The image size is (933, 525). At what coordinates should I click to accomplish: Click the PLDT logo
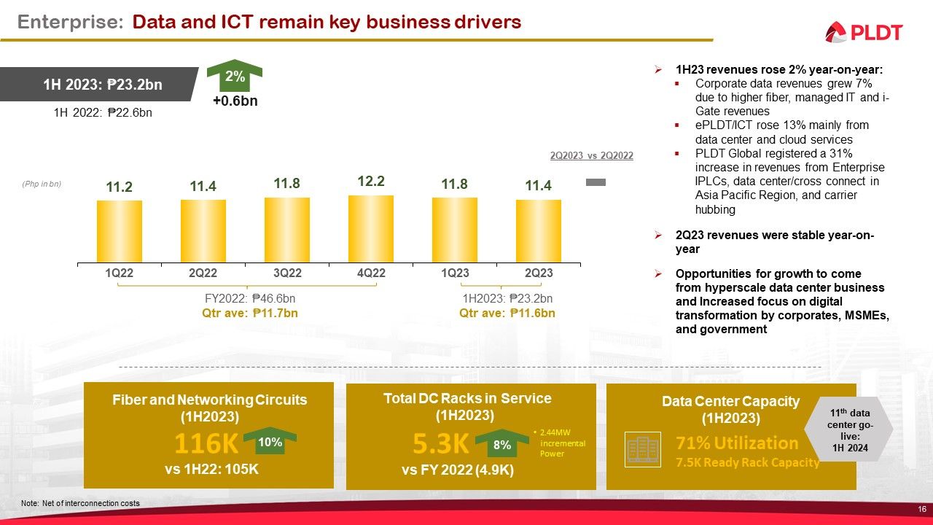[864, 32]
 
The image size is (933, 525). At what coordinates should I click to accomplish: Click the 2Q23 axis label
[539, 273]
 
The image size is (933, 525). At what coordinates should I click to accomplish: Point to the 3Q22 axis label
[287, 273]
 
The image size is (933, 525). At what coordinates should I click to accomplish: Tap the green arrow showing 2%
[235, 77]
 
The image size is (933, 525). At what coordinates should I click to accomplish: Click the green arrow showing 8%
[501, 444]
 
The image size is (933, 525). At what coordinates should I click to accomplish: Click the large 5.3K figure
[440, 444]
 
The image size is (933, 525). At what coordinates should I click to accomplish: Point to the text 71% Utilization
[737, 443]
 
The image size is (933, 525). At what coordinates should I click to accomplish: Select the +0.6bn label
[235, 101]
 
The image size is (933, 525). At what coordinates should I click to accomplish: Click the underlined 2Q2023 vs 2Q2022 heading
[590, 155]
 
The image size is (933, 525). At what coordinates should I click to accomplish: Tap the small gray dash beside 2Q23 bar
[596, 182]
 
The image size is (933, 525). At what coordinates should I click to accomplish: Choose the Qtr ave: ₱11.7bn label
[249, 313]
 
